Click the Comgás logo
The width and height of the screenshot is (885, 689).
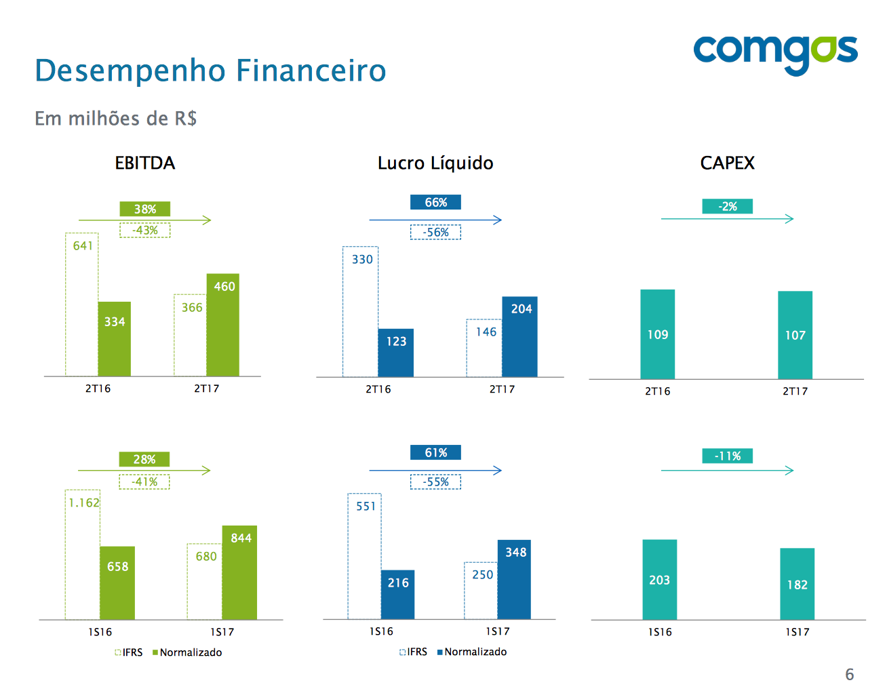point(774,53)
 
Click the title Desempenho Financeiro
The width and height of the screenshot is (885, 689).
point(210,71)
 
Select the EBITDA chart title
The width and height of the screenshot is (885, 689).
point(145,163)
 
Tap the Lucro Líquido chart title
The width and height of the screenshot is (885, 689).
point(435,163)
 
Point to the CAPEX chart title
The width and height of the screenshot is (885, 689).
point(727,163)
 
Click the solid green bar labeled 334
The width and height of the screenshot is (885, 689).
point(115,339)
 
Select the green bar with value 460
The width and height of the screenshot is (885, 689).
point(223,326)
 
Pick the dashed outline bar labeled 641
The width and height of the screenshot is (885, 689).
point(82,305)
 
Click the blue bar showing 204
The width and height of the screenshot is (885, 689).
point(520,337)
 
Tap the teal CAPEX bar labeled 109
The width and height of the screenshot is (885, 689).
point(658,334)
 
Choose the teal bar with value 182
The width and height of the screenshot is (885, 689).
point(798,584)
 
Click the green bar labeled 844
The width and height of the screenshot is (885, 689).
point(239,573)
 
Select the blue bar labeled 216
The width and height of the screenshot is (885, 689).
point(398,595)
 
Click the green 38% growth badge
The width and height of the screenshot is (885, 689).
point(145,209)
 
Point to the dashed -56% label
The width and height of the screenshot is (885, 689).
point(435,233)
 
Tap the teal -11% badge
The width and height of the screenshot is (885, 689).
point(727,456)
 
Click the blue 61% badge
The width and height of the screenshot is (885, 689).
point(435,452)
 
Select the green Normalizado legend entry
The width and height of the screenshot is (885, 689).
point(187,652)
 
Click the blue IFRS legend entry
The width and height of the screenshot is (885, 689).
point(414,652)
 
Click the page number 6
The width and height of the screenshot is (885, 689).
point(849,674)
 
